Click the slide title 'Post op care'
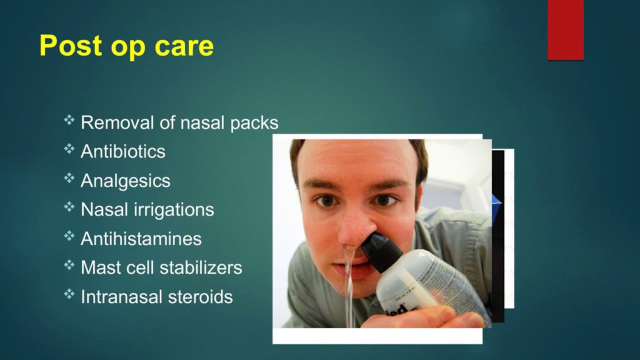coord(126,46)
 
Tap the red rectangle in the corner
coord(565,30)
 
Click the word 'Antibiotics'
coord(123,151)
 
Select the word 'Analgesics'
coord(125,180)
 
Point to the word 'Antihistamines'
coord(141,238)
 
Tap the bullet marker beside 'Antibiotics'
coord(69,149)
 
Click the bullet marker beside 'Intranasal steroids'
coord(69,294)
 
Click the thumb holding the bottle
coord(425,317)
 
